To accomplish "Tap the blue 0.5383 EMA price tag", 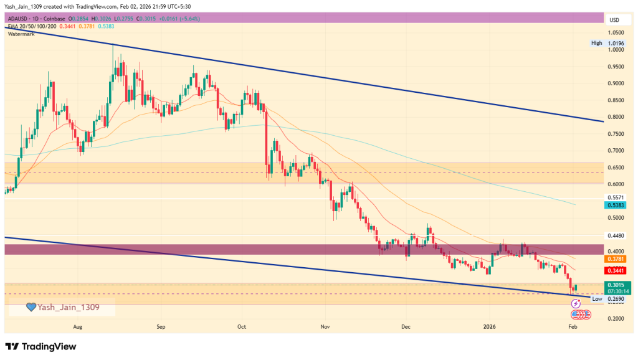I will (616, 205).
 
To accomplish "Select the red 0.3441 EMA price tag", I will (616, 271).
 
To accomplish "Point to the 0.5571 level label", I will (616, 197).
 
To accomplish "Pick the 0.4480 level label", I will (616, 235).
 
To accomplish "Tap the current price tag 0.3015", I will (616, 283).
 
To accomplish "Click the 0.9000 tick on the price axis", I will (616, 83).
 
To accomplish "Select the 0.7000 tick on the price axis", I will (616, 151).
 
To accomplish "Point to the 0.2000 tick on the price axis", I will (616, 319).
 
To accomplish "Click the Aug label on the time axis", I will (77, 326).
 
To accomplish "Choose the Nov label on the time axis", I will (324, 326).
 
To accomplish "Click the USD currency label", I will (614, 20).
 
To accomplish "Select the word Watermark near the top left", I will (21, 34).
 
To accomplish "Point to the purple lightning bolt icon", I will (576, 303).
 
